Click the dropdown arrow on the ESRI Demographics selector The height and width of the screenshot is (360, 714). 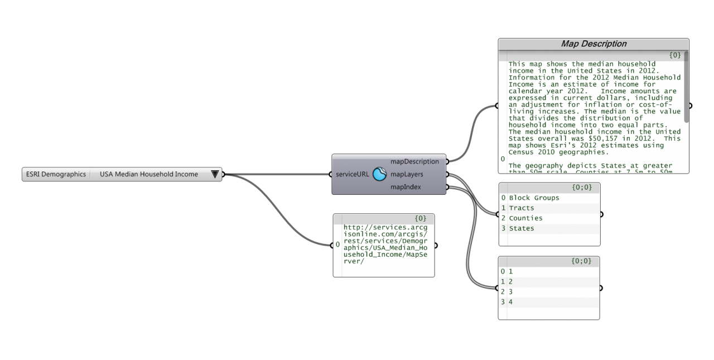tap(215, 174)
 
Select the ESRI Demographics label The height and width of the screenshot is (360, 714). tap(56, 174)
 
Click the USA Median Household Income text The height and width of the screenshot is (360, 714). tap(148, 174)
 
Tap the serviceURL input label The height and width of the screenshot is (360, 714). tap(352, 174)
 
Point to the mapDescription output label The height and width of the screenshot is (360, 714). tap(414, 161)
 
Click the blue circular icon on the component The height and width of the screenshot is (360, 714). tap(379, 174)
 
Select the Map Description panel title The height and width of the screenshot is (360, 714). tap(594, 44)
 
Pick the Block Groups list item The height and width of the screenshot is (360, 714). tap(534, 198)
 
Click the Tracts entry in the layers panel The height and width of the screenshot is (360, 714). tap(522, 208)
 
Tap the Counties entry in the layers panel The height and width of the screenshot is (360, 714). tap(525, 218)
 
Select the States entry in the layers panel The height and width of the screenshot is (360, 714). tap(522, 228)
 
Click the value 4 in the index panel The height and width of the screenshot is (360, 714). tap(510, 302)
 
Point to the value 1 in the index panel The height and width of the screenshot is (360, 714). tap(510, 271)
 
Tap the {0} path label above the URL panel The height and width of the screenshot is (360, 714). tap(421, 218)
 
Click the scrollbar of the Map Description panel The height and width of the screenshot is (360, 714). tap(686, 87)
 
